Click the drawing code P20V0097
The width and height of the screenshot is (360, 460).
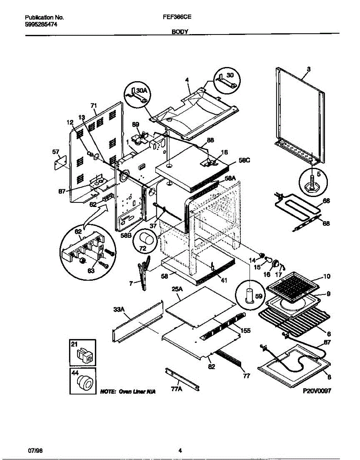316,391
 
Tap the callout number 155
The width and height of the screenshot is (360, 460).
246,329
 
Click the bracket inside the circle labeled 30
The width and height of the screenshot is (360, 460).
225,80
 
